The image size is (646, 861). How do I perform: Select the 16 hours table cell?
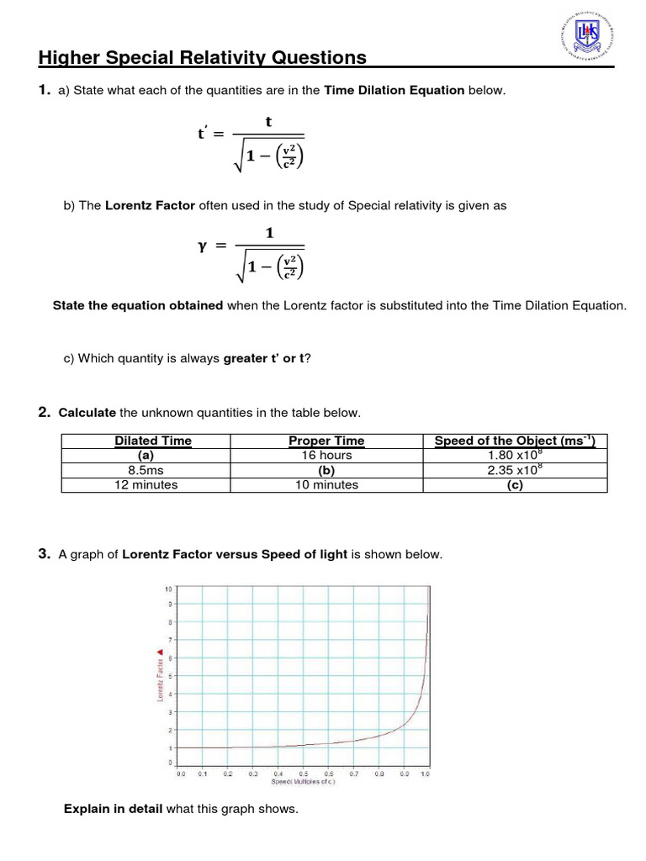[326, 455]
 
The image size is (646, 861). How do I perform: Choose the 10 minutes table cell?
[326, 484]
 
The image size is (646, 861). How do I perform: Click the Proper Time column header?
[326, 441]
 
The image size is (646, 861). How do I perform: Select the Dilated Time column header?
[152, 441]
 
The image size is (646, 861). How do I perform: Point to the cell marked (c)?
[515, 484]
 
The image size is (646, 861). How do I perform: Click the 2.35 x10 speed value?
[512, 470]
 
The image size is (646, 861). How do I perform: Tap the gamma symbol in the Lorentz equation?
[202, 246]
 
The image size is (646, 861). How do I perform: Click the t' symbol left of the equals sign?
[203, 134]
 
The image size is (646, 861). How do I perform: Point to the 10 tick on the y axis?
[168, 588]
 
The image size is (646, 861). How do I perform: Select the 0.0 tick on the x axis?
[181, 774]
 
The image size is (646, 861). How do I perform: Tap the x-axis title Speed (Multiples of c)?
[303, 782]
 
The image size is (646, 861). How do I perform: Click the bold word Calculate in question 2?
[87, 413]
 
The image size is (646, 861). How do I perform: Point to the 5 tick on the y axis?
[170, 676]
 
